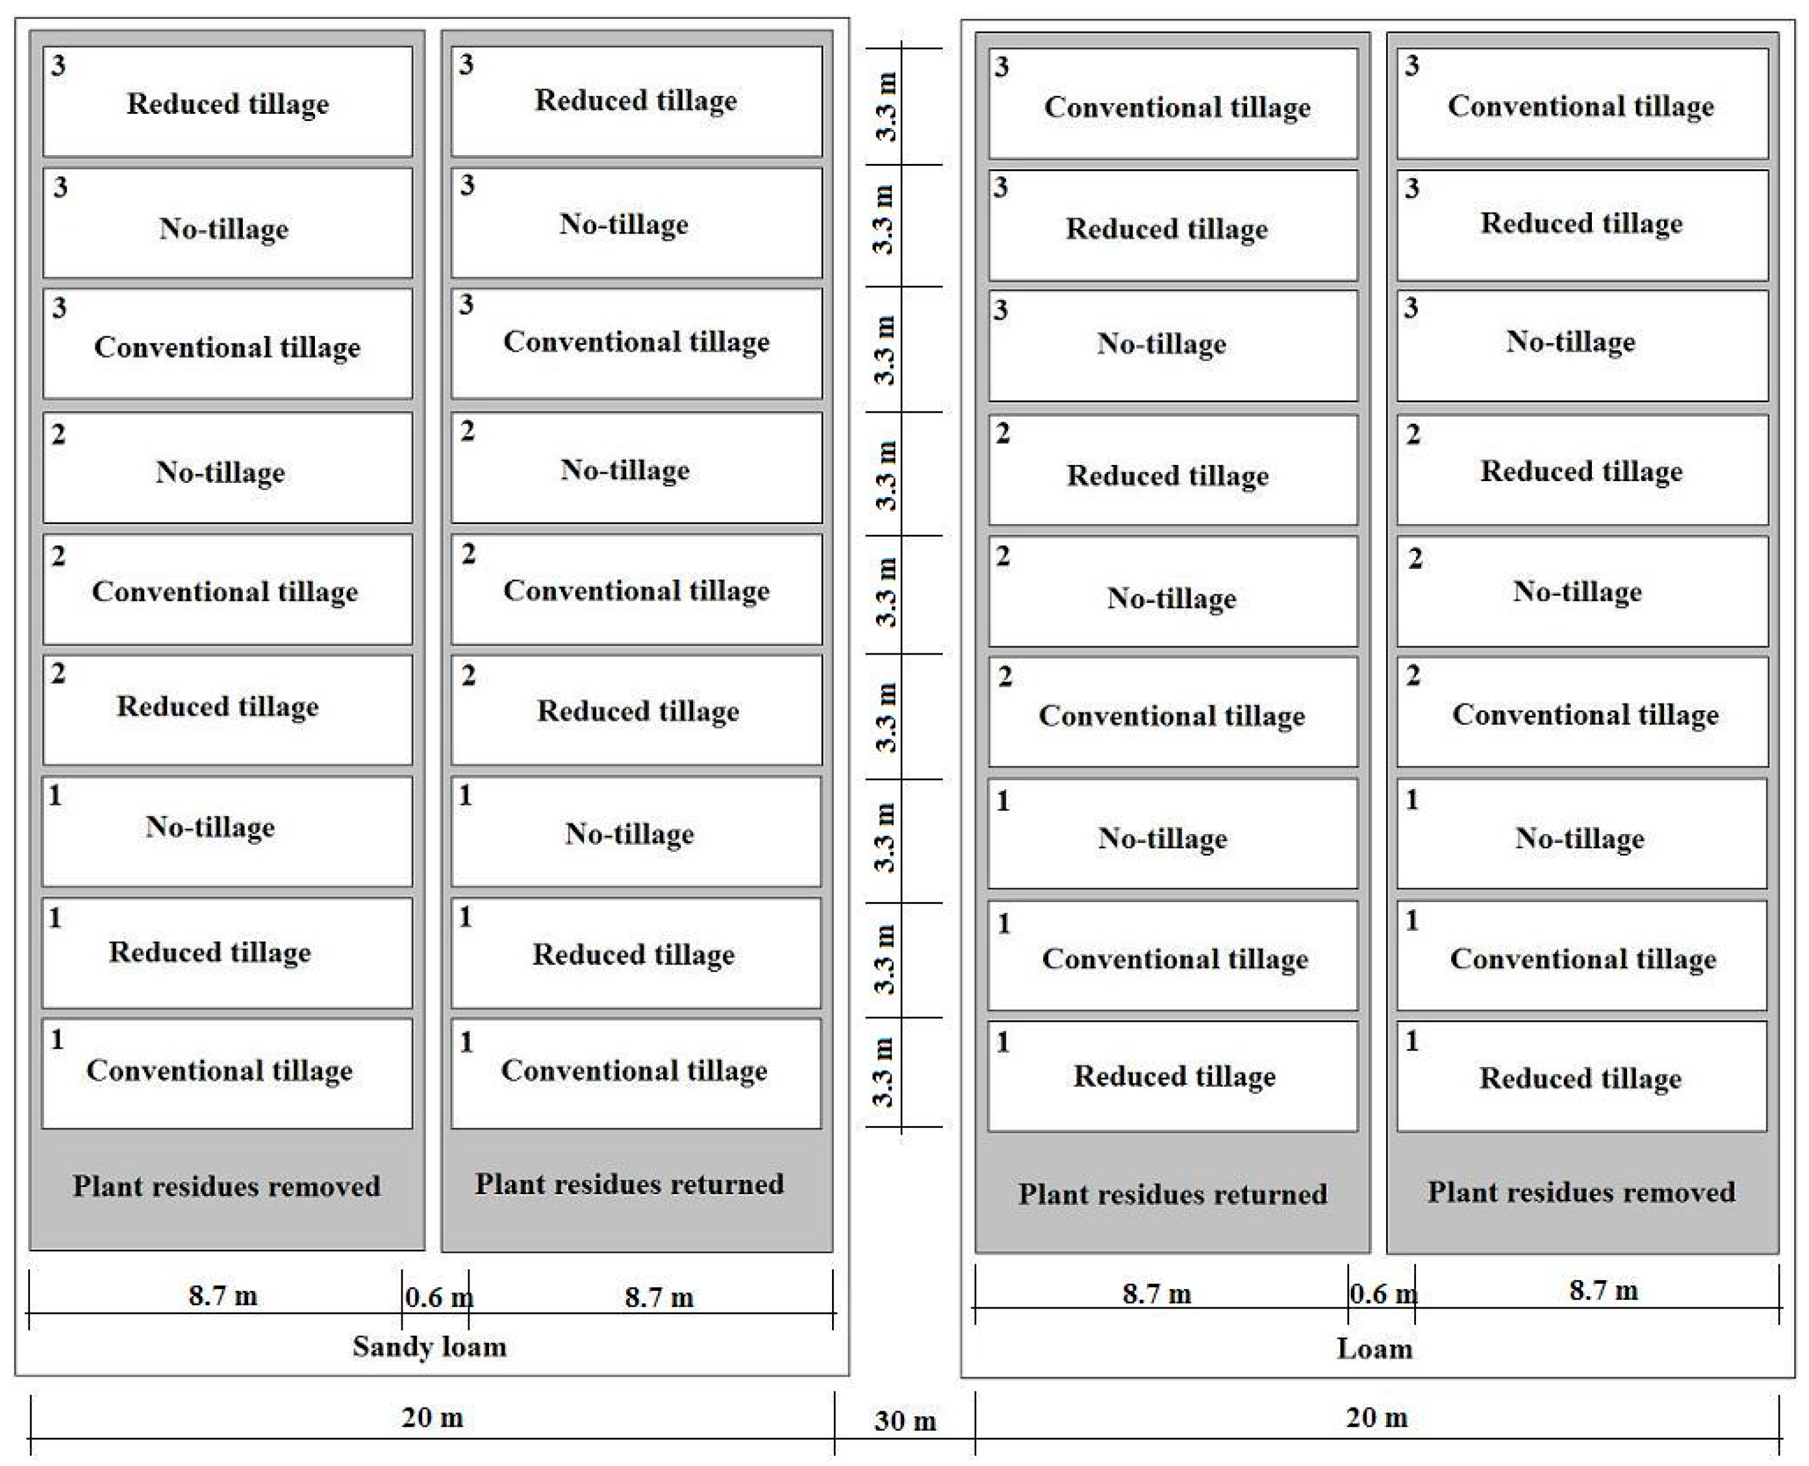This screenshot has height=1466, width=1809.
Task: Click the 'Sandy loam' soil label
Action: click(x=429, y=1346)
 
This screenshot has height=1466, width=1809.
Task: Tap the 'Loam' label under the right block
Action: click(x=1374, y=1349)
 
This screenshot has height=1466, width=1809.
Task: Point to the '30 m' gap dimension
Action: click(x=905, y=1421)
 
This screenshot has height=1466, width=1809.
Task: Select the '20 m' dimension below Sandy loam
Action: click(x=432, y=1417)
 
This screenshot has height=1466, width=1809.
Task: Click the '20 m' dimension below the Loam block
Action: click(x=1377, y=1417)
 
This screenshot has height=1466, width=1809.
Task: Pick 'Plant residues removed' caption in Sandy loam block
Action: click(x=227, y=1186)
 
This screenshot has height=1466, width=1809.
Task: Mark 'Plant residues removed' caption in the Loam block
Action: click(x=1581, y=1192)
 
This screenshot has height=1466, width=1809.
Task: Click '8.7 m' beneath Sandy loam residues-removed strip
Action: click(x=223, y=1295)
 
